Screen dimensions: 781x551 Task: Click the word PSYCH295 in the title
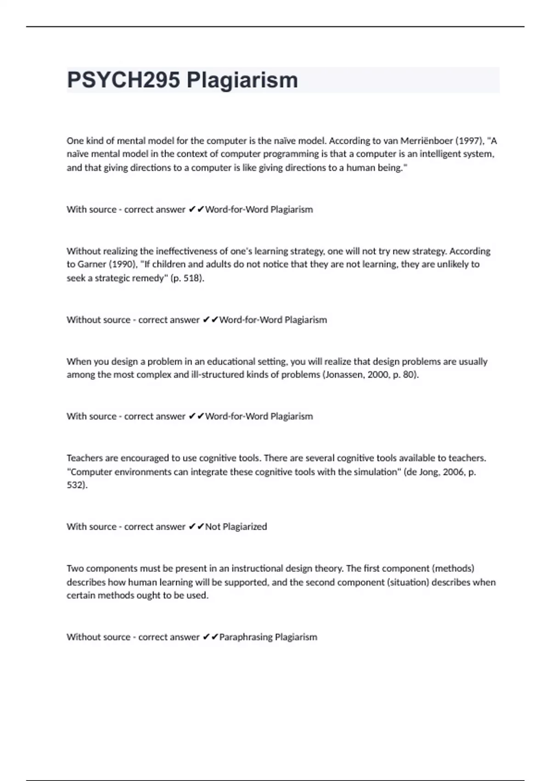pyautogui.click(x=124, y=80)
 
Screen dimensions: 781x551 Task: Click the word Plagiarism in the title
pyautogui.click(x=242, y=80)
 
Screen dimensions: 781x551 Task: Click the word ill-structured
pyautogui.click(x=217, y=374)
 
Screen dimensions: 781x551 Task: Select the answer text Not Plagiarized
pyautogui.click(x=236, y=526)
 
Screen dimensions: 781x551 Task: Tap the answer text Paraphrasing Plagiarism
pyautogui.click(x=268, y=637)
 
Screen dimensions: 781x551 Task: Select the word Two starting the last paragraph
pyautogui.click(x=75, y=568)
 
